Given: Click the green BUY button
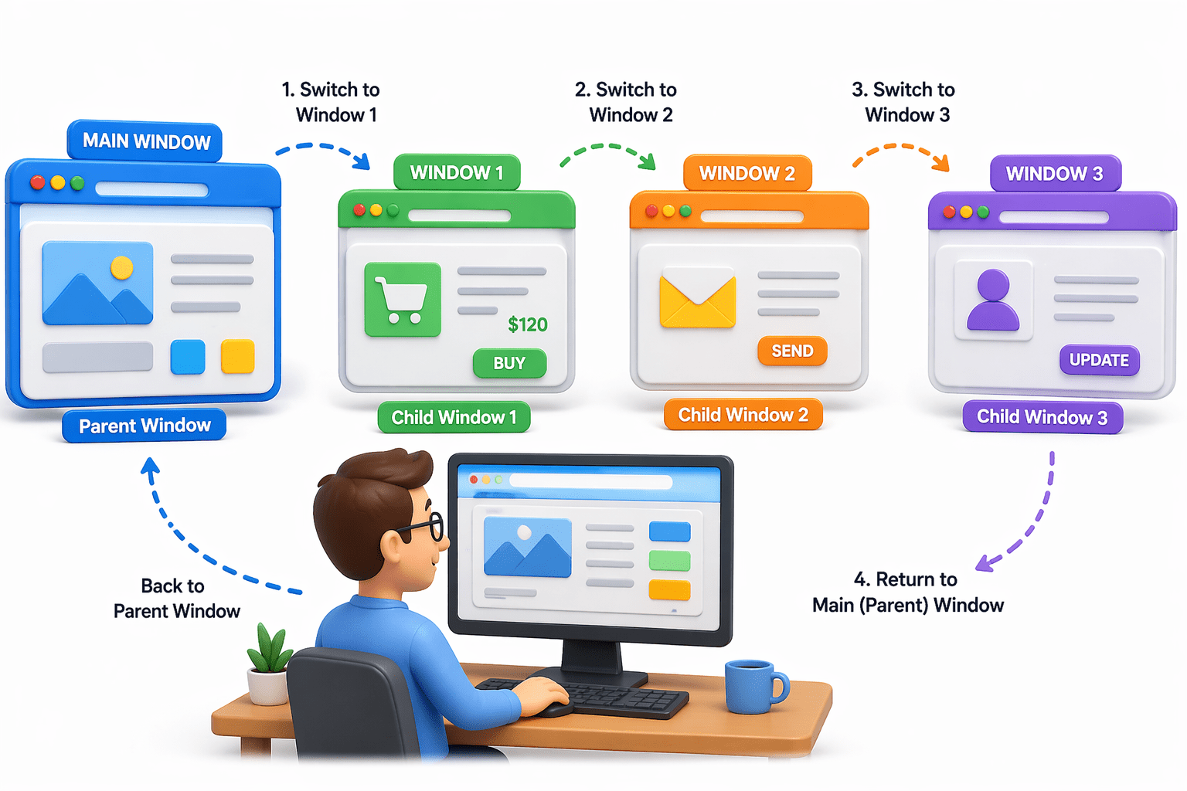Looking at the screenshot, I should click(509, 363).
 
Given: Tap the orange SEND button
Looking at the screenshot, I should click(792, 351).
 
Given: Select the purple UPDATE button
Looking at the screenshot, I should click(1099, 360).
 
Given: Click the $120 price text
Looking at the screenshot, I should click(528, 324).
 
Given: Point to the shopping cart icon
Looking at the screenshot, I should click(403, 299).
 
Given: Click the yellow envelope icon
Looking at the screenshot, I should click(697, 301).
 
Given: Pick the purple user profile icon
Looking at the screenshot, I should click(993, 300).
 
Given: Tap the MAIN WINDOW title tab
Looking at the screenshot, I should click(146, 141).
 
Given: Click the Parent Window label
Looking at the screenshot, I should click(145, 426).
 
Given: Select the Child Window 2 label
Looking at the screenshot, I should click(743, 416).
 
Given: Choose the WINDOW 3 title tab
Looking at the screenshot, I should click(1054, 174).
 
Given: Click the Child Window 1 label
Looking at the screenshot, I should click(454, 418).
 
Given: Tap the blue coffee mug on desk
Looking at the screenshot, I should click(753, 685).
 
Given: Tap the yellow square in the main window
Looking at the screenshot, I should click(237, 357).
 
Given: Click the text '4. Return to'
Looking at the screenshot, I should click(905, 579).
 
